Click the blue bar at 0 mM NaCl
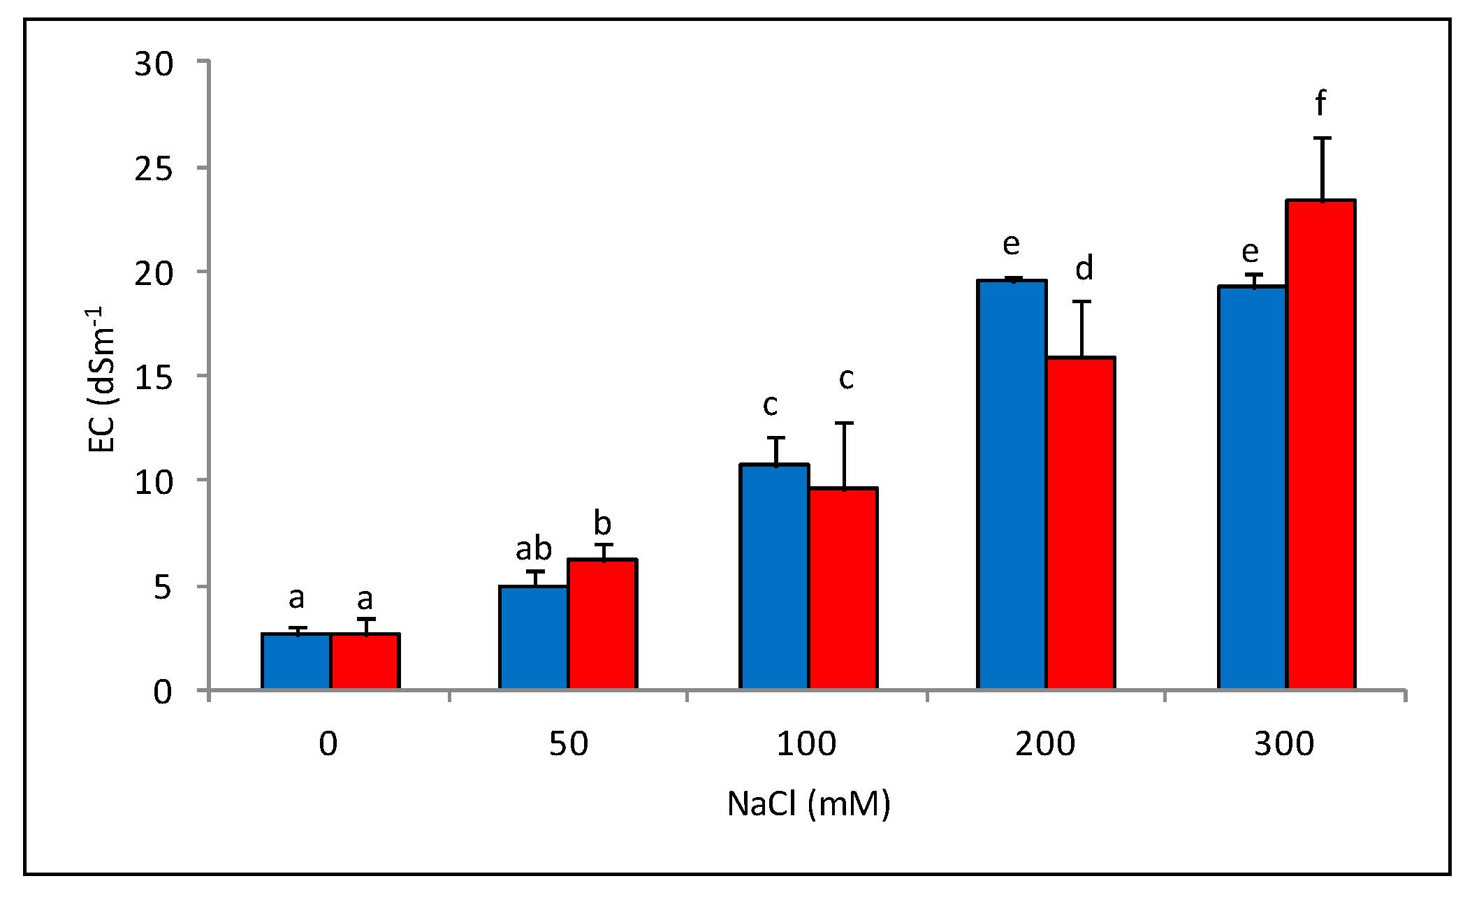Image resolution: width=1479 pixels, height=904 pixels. point(296,661)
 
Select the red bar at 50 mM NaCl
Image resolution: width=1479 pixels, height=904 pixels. point(602,624)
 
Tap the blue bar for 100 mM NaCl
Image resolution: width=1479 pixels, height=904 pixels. point(774,576)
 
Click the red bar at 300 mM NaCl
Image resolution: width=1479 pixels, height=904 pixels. point(1321,444)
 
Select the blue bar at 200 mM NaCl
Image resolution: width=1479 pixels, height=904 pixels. point(1012,484)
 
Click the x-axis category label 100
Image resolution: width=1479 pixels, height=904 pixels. point(806,744)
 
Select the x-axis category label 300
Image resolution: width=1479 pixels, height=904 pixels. point(1284,744)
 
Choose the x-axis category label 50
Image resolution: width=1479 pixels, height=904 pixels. point(568,744)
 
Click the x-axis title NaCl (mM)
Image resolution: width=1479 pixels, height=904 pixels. point(809,804)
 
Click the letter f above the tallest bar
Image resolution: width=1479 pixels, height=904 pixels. point(1320,103)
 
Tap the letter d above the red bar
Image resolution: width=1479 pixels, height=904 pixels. point(1084,268)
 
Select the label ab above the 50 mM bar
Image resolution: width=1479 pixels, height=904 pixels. point(534,549)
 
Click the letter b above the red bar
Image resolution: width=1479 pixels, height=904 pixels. point(602,523)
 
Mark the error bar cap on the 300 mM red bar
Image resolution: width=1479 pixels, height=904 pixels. point(1322,138)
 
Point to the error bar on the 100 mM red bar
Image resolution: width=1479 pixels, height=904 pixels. point(844,454)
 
